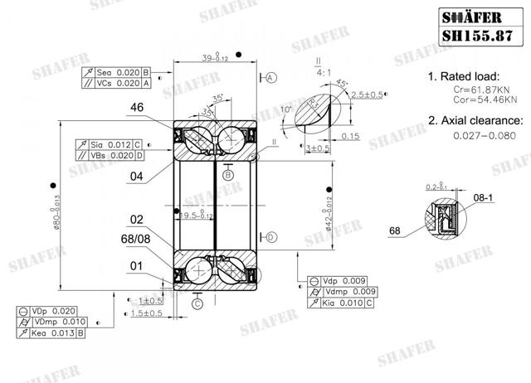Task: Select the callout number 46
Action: click(138, 107)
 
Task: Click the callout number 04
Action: click(138, 176)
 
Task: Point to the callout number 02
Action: click(137, 220)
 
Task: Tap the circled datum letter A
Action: click(271, 77)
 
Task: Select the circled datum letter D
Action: click(271, 237)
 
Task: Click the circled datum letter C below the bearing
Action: click(197, 304)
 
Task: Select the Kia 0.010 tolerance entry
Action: click(344, 303)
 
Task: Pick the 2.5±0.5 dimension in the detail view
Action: click(367, 95)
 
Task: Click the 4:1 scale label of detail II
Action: click(318, 71)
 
